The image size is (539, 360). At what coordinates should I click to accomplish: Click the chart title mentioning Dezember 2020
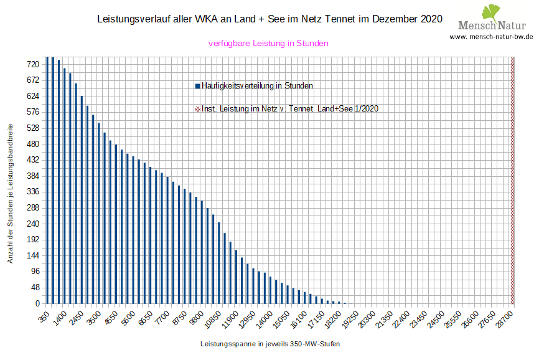(x=270, y=19)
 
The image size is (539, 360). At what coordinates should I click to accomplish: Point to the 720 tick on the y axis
(x=33, y=64)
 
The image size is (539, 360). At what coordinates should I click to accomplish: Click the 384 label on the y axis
(x=33, y=176)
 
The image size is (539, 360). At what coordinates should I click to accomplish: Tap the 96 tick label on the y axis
(x=35, y=272)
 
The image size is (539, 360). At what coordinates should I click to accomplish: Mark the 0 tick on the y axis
(x=37, y=303)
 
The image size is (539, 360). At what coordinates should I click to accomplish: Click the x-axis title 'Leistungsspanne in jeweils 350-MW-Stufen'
(x=270, y=344)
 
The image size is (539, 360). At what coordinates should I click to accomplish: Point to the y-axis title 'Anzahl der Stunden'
(x=10, y=193)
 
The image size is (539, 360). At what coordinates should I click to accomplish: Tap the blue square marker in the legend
(x=197, y=86)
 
